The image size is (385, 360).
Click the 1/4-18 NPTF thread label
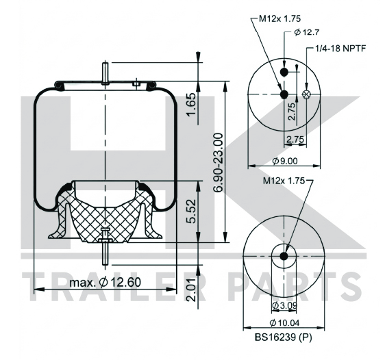(340, 49)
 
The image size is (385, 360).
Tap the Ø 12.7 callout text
(307, 32)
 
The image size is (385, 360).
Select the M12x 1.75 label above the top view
(280, 18)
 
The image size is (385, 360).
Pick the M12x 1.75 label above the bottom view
(284, 181)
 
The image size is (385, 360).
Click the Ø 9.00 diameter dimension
(285, 161)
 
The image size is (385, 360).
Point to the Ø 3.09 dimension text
(285, 305)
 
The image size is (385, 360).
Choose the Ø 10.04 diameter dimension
(284, 323)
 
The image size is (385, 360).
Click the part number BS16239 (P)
(283, 337)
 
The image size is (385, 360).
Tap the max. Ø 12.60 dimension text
(105, 282)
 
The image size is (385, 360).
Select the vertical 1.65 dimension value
(192, 105)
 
